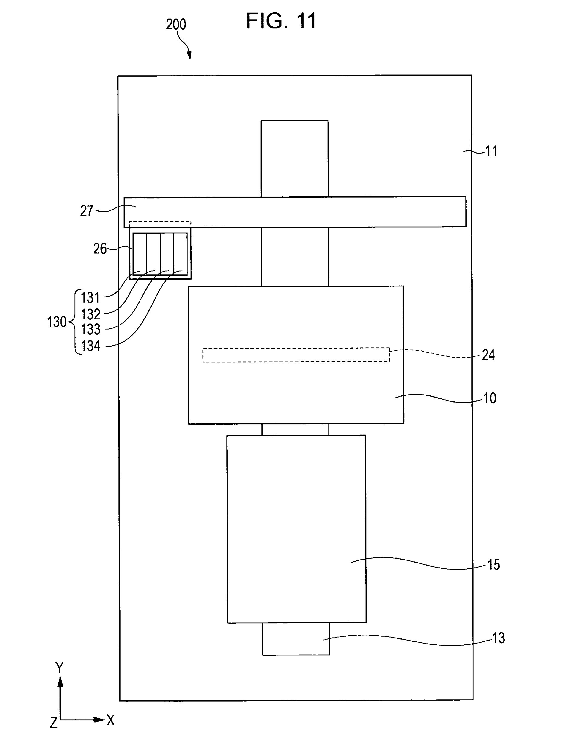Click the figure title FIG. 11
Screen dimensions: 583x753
tap(281, 21)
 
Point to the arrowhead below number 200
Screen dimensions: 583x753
tap(189, 55)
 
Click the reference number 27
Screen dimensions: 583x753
tap(87, 211)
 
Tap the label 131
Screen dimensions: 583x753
tap(90, 297)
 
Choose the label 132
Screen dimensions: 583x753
tap(90, 314)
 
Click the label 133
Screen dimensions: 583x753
tap(91, 329)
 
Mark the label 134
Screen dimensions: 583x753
tap(91, 346)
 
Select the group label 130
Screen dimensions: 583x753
tap(57, 322)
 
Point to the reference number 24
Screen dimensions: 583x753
tap(488, 355)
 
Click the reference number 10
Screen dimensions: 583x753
tap(490, 398)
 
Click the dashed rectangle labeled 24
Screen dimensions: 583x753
tap(296, 355)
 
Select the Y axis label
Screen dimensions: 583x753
tap(60, 668)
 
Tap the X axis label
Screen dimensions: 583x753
tap(110, 720)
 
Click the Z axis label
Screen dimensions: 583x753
tap(54, 722)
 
